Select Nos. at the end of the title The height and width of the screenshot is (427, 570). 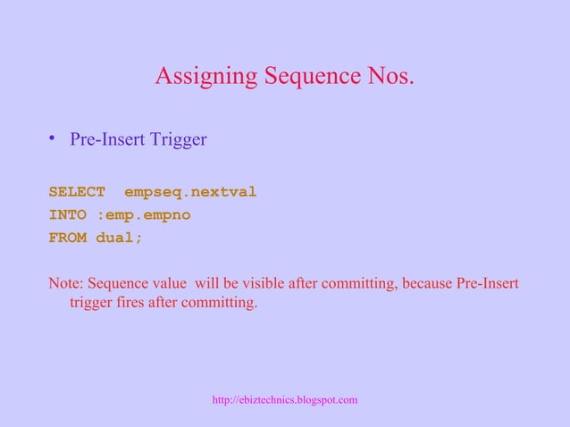click(386, 78)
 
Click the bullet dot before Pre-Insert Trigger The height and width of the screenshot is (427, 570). click(54, 138)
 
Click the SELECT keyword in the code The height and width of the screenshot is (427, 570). click(77, 191)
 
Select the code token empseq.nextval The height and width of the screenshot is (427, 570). click(190, 191)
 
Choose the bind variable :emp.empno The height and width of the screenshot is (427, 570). click(143, 214)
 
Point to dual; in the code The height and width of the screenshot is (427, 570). click(120, 239)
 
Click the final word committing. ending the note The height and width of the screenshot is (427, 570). click(220, 304)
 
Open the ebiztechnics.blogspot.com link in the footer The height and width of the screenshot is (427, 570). click(285, 399)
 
